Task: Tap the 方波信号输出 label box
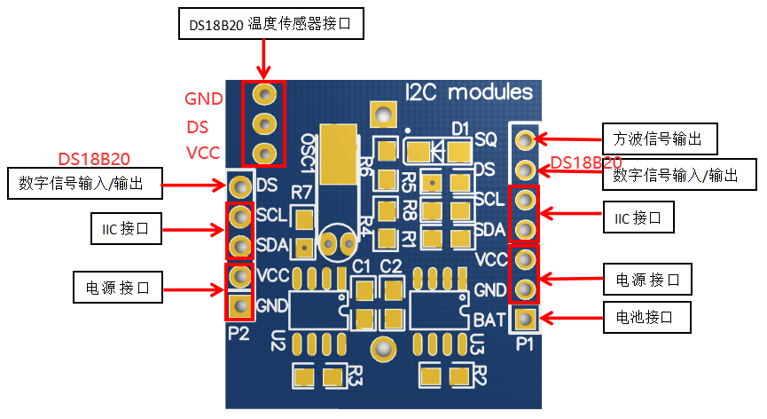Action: [x=659, y=139]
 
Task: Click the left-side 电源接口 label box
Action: [x=117, y=287]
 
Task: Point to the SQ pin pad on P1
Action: [x=525, y=139]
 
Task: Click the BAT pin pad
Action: [x=525, y=318]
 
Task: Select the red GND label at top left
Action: [x=204, y=98]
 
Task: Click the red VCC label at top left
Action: [x=203, y=153]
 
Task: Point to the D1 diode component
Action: [x=435, y=152]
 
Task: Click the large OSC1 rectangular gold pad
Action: [x=340, y=154]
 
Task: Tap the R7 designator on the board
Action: [x=301, y=193]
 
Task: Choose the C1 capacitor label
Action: [x=362, y=266]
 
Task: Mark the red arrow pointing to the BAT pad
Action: [x=568, y=317]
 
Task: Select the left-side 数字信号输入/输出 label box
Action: [x=86, y=185]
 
